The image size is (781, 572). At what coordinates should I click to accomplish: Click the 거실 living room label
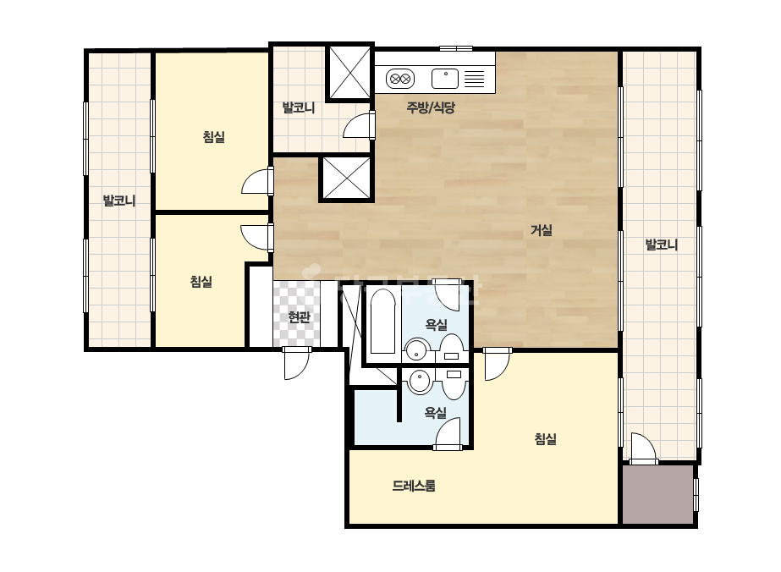[541, 230]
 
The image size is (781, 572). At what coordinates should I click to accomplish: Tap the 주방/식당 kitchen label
[431, 107]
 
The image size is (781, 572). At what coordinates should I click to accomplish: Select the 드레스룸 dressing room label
[414, 486]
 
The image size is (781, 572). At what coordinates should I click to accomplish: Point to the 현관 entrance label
[300, 317]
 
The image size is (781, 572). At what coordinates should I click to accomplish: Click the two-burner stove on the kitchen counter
[400, 79]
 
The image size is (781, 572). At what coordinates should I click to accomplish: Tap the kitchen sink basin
[445, 79]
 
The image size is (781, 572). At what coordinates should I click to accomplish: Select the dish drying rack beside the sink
[474, 79]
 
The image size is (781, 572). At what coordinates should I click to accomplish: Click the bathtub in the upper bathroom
[383, 322]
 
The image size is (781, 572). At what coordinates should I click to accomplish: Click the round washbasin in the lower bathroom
[420, 382]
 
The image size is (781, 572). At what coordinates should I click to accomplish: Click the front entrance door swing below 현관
[296, 364]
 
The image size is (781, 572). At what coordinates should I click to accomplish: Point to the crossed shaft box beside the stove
[350, 73]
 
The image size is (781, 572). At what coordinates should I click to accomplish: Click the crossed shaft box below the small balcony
[347, 179]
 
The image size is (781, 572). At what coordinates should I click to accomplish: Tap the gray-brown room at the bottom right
[658, 494]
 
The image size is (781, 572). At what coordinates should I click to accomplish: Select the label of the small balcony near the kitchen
[299, 107]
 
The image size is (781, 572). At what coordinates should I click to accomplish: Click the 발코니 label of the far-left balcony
[119, 201]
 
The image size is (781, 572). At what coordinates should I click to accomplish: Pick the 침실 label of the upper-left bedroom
[214, 136]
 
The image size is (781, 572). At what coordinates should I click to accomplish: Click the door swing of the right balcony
[643, 448]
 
